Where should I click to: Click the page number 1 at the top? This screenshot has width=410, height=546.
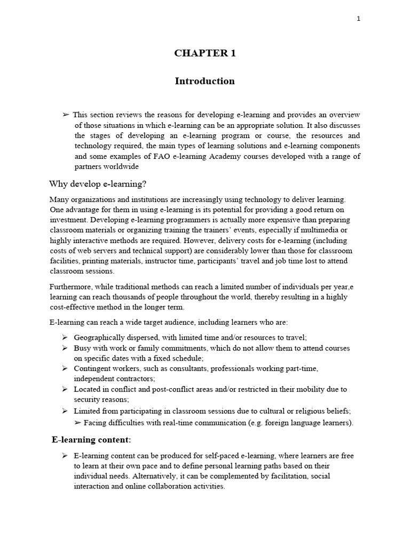[359, 19]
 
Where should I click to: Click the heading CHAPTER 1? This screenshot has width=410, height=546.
[204, 53]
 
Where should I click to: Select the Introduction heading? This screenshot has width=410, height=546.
[204, 81]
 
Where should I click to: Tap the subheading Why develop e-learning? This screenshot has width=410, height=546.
[97, 184]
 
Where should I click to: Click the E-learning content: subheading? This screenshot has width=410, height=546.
[91, 440]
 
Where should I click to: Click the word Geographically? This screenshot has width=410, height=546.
[100, 338]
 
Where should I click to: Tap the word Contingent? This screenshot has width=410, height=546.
[92, 368]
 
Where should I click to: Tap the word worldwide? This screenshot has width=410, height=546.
[122, 166]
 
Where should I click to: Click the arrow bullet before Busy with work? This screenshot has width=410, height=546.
[64, 348]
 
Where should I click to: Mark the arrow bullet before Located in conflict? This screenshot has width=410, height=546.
[64, 389]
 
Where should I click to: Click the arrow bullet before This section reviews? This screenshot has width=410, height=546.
[66, 115]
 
